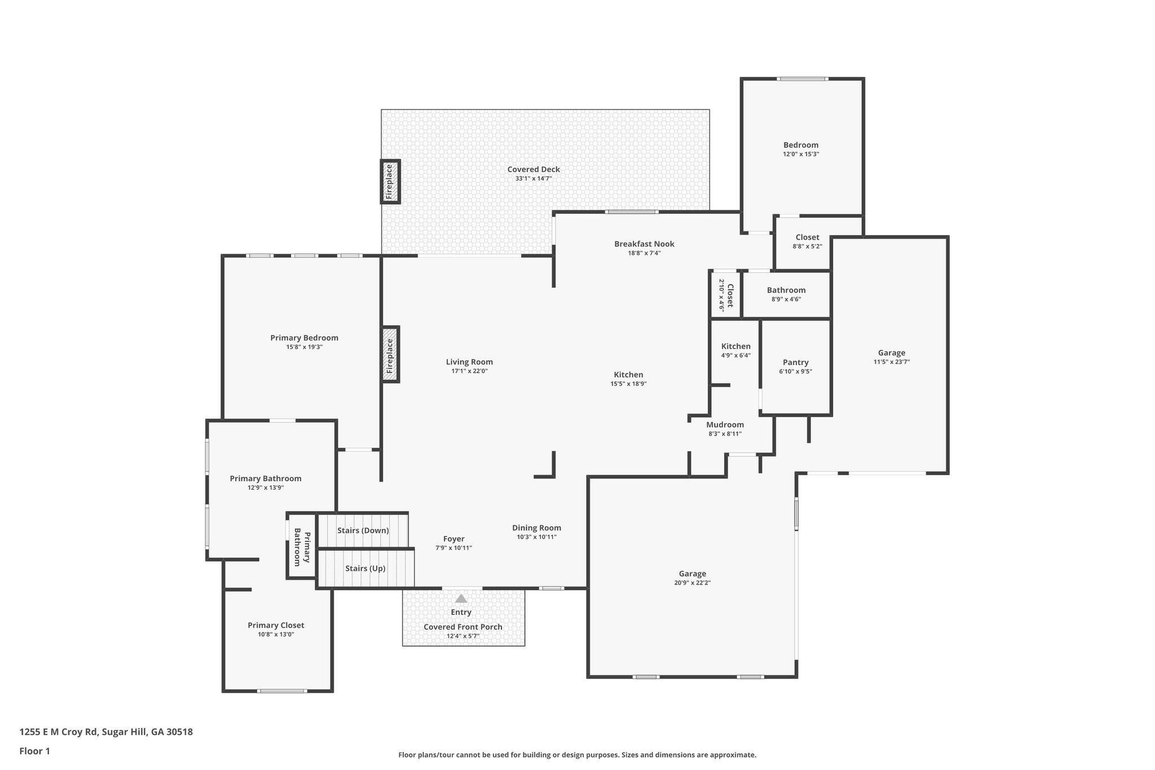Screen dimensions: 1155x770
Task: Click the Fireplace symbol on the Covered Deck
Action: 390,182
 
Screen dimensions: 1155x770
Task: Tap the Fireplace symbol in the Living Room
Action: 390,354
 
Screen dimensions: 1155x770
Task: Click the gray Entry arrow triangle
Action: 461,599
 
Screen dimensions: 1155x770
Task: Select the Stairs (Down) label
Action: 363,530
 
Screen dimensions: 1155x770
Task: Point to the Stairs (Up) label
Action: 365,568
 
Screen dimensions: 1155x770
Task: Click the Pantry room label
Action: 796,362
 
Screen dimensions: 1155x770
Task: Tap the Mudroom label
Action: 725,424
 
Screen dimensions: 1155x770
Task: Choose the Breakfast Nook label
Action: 644,244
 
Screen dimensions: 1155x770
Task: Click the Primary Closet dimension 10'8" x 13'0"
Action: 276,635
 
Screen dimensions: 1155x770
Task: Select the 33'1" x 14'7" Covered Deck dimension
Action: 534,178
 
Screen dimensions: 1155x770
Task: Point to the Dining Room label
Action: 537,528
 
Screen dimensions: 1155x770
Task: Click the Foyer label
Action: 454,539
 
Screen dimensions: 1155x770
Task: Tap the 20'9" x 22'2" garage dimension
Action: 693,583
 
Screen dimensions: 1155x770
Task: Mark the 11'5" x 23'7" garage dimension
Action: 892,362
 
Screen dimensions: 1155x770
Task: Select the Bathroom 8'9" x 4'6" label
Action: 786,294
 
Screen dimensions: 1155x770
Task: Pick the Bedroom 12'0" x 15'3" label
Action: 801,149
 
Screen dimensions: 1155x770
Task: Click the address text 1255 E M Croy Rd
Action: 59,732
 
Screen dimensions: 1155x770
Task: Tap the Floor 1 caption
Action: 35,751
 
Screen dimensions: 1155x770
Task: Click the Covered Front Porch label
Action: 463,627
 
